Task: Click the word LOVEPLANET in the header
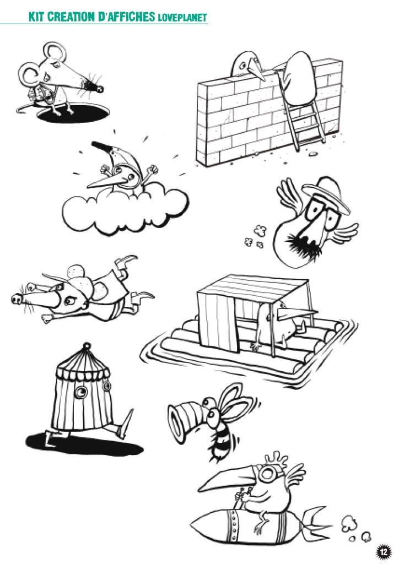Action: (x=182, y=17)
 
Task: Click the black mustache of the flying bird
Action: (x=300, y=245)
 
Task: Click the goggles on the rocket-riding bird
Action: (x=267, y=475)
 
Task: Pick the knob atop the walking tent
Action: (x=86, y=346)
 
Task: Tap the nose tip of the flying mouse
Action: (x=16, y=299)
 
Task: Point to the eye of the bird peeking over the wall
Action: (x=243, y=66)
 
